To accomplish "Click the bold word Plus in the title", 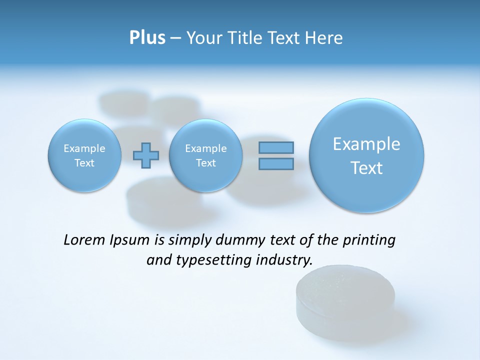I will click(x=147, y=38).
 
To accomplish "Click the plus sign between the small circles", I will click(x=146, y=155).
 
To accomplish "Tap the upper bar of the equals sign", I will click(x=276, y=147).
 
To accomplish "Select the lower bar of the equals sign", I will click(x=276, y=164).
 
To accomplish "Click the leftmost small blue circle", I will click(x=84, y=155).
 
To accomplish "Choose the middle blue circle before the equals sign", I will click(x=205, y=155).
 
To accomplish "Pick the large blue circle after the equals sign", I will click(x=366, y=155).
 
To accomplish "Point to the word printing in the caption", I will click(x=370, y=240).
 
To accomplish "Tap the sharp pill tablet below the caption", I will click(x=345, y=300).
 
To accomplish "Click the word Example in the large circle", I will click(x=366, y=144).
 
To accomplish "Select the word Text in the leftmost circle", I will click(x=84, y=163).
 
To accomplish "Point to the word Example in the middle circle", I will click(x=205, y=148).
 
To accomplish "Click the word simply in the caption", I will click(x=191, y=240).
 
